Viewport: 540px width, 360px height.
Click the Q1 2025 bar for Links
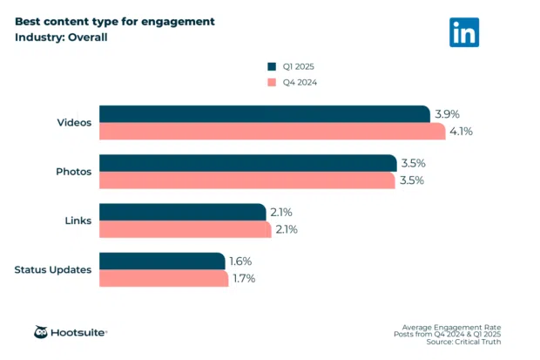[x=182, y=212]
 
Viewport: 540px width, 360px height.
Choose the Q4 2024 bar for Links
[x=186, y=229]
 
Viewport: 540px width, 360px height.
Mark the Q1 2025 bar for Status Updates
[x=162, y=261]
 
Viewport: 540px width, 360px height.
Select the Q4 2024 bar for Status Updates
[x=164, y=278]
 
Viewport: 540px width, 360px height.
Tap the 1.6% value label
[x=242, y=261]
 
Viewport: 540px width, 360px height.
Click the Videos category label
[x=74, y=122]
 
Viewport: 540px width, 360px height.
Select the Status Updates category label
[x=53, y=269]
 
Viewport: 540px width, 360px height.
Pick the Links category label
[x=78, y=221]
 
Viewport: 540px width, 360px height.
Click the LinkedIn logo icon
[x=464, y=32]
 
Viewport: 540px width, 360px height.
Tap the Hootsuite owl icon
[x=41, y=332]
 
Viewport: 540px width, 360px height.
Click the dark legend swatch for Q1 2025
[x=271, y=65]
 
